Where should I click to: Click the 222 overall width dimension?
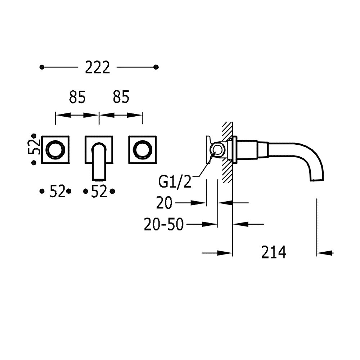point(97,67)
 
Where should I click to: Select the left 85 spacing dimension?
point(77,97)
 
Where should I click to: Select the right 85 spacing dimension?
point(121,97)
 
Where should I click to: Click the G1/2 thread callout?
point(175,182)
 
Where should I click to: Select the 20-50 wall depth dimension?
point(164,225)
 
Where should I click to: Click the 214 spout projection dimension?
point(274,252)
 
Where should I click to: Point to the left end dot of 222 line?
point(42,67)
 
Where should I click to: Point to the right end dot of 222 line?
point(156,67)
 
